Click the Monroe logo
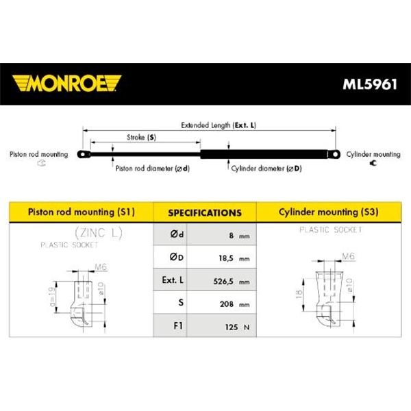tap(66, 84)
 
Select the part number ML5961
tap(370, 84)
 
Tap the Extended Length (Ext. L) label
tap(219, 125)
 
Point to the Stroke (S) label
tap(141, 137)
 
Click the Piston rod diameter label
tap(153, 169)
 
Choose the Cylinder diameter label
tap(266, 169)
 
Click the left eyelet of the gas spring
tap(84, 154)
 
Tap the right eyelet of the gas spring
tap(334, 154)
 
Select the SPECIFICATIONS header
tap(205, 212)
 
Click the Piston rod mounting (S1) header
tap(82, 212)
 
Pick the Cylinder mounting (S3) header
tap(328, 212)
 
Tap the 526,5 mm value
tap(232, 282)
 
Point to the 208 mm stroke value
tap(234, 304)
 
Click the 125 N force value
tap(237, 327)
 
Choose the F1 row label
tap(178, 325)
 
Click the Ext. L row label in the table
tap(173, 280)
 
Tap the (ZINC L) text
tap(99, 233)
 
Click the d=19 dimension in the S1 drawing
tap(53, 297)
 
